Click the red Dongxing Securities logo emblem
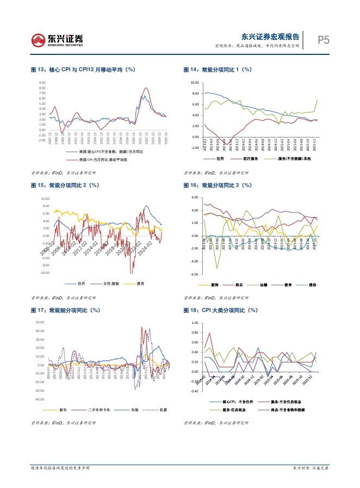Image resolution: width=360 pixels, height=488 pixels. point(39,40)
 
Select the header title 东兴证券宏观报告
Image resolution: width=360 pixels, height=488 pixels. point(270,37)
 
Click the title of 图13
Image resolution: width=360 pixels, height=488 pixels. point(83,70)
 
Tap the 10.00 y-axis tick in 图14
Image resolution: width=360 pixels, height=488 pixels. point(194,83)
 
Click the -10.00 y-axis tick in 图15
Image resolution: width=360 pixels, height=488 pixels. point(46,273)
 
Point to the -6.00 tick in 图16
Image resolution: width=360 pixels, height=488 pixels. point(195,274)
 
